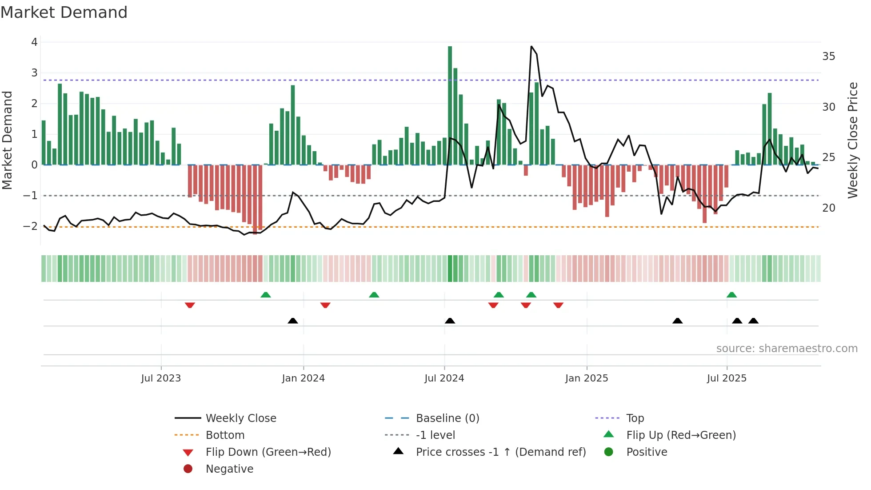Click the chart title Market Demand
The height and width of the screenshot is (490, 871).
click(64, 12)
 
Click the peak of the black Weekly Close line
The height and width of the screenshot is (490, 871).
click(531, 46)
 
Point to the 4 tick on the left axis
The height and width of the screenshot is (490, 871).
click(34, 42)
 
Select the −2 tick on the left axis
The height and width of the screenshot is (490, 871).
click(31, 226)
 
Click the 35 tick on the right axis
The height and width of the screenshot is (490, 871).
click(828, 56)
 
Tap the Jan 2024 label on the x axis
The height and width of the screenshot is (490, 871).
click(303, 378)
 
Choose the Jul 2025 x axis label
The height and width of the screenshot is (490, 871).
click(727, 378)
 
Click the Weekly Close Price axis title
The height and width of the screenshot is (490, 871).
click(852, 140)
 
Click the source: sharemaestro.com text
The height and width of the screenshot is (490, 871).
click(787, 348)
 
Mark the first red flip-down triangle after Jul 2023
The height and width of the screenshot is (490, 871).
click(190, 305)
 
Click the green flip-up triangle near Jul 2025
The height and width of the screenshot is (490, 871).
click(731, 295)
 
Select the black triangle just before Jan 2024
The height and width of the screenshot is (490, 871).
click(293, 321)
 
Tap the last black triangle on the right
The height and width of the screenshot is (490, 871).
click(753, 321)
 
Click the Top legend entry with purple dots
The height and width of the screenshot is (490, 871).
click(635, 418)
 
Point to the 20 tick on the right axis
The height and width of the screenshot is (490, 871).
click(828, 208)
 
